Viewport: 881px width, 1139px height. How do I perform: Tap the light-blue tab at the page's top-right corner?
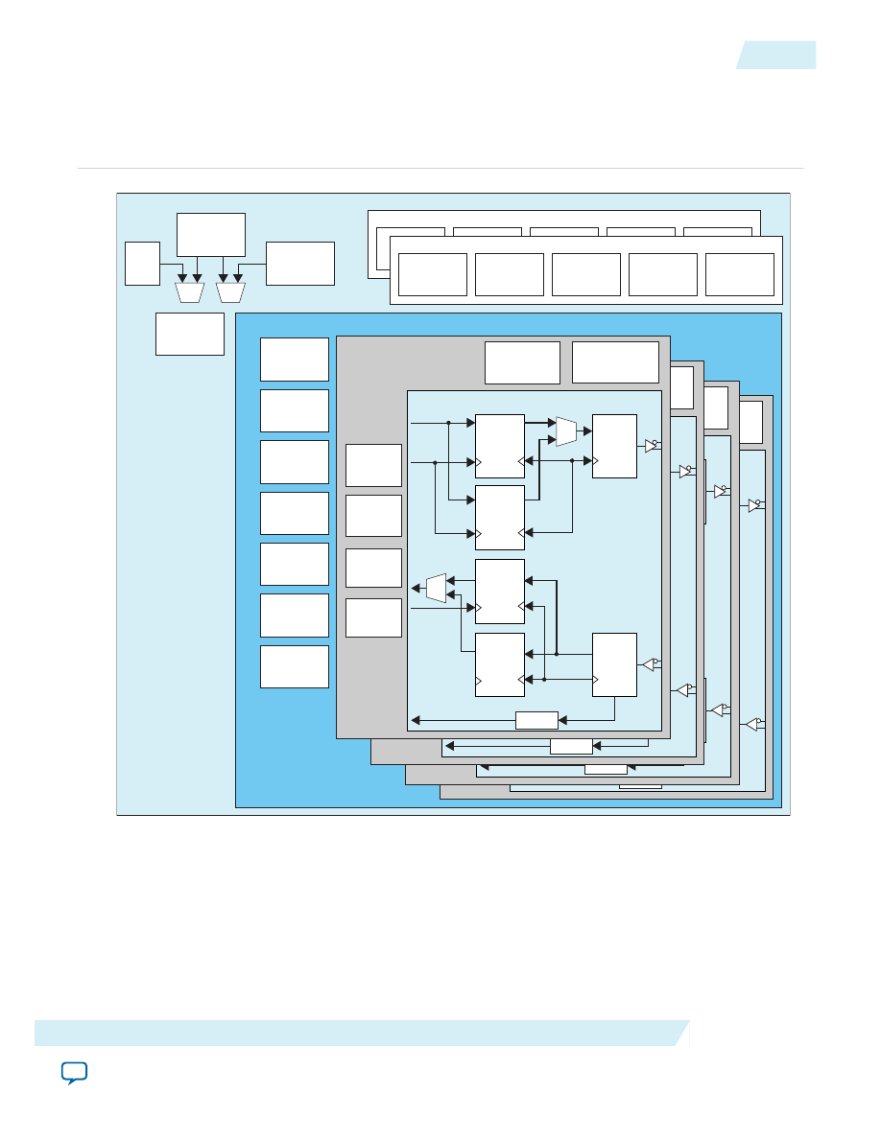777,55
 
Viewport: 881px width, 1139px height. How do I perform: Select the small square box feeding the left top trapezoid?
142,264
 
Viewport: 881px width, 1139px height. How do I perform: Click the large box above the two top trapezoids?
211,235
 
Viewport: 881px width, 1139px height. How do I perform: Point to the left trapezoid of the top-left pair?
190,291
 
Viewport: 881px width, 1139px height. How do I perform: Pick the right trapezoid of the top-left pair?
231,291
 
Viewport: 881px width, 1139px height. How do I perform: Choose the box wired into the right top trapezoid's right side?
300,264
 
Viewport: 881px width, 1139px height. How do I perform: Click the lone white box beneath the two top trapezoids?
190,334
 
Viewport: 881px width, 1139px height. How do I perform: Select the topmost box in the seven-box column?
295,360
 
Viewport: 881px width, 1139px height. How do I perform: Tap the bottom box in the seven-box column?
295,666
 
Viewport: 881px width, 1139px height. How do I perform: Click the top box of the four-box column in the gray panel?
373,465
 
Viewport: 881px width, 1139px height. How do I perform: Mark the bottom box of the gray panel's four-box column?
373,618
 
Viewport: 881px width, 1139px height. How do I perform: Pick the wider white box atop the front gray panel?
615,361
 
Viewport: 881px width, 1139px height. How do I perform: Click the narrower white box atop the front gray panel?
522,361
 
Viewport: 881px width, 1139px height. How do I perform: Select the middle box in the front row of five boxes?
586,274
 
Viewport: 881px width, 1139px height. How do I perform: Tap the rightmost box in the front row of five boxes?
739,274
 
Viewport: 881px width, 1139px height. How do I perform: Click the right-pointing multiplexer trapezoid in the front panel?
566,431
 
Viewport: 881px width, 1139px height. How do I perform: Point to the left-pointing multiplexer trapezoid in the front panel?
436,588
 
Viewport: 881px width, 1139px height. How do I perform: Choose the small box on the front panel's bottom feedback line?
536,720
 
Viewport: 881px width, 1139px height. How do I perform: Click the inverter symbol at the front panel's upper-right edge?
652,446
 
